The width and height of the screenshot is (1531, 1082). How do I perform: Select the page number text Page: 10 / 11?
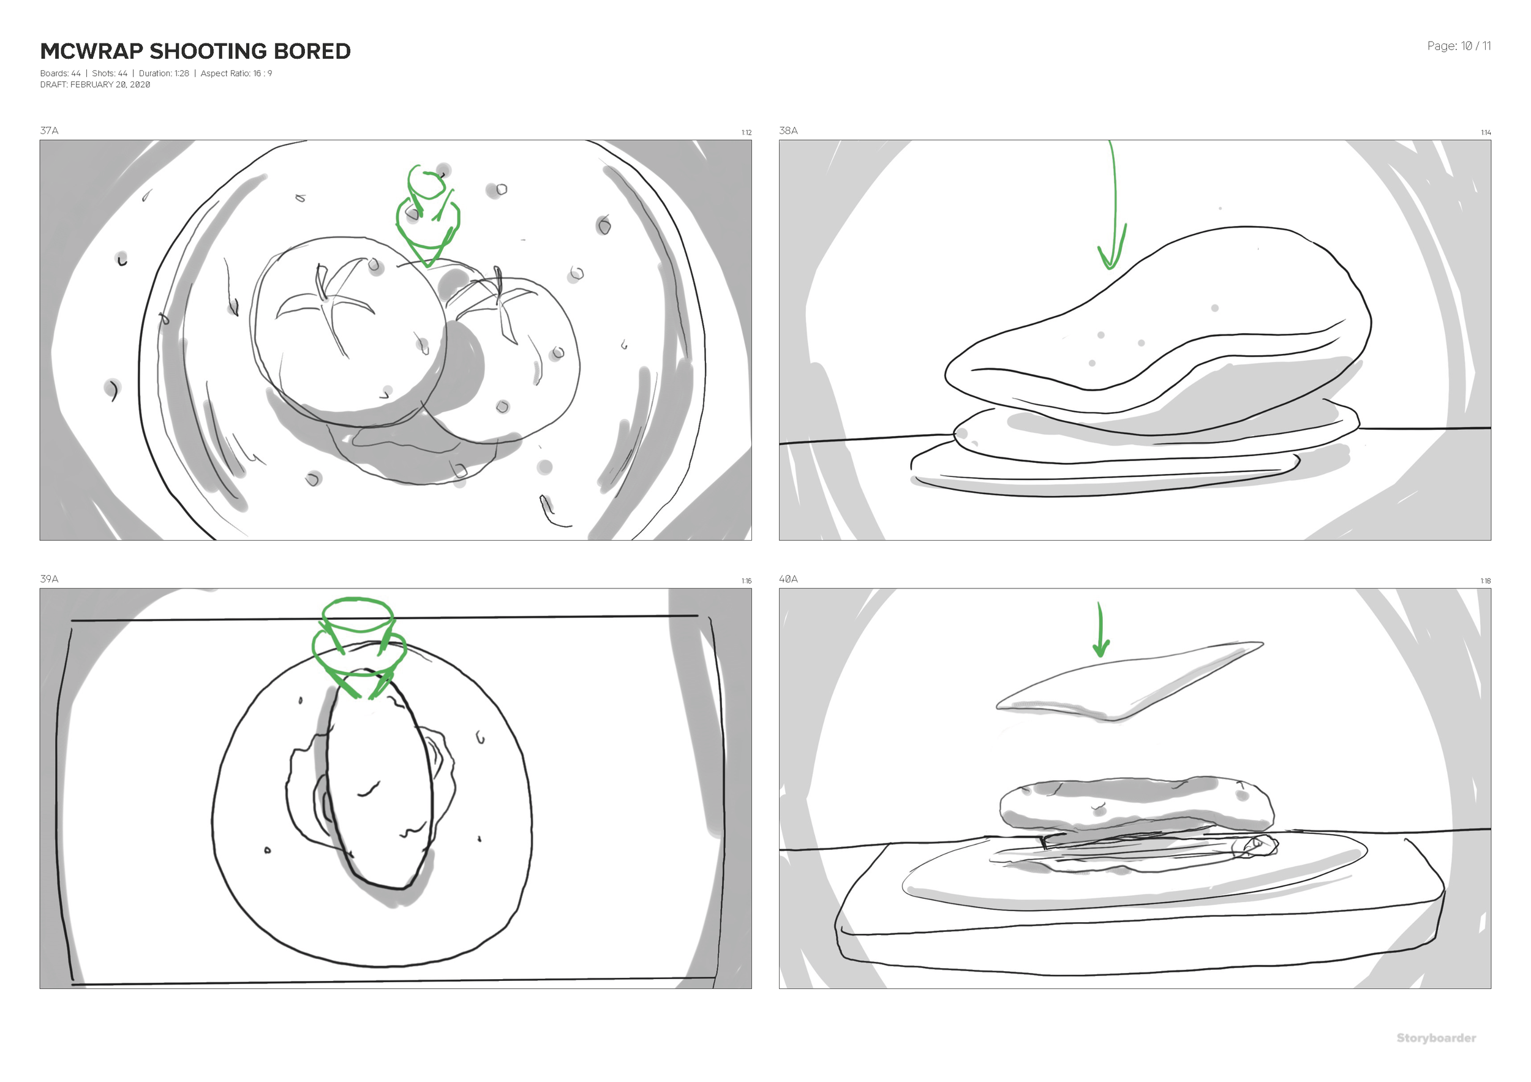1458,46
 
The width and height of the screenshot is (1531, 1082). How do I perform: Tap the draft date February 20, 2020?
110,85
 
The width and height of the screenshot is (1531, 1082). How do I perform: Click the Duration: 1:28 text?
164,73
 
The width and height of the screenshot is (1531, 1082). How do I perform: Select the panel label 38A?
788,130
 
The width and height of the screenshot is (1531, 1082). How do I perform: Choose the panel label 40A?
788,579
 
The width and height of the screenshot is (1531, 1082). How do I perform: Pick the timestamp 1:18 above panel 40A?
1486,581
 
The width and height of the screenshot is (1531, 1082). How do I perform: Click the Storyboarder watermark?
1435,1038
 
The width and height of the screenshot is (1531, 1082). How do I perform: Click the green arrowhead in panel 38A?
1110,257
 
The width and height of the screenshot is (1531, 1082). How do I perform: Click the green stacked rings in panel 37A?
427,213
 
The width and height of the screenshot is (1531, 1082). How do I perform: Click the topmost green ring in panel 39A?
358,614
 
